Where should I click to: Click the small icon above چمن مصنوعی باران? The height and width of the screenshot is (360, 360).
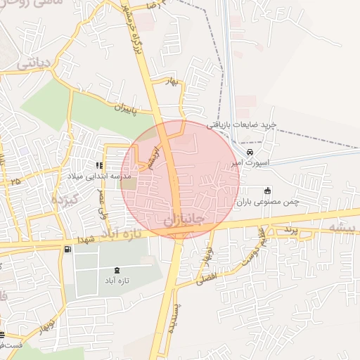pos(267,191)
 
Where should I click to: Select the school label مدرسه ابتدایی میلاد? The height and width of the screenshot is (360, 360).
pos(99,176)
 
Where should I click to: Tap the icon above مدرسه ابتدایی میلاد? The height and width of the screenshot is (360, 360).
pos(99,165)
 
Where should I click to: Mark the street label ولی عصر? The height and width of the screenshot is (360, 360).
pos(104,203)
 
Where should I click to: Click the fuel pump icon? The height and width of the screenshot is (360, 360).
pos(67,249)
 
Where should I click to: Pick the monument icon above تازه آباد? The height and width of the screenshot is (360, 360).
pos(117,271)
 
